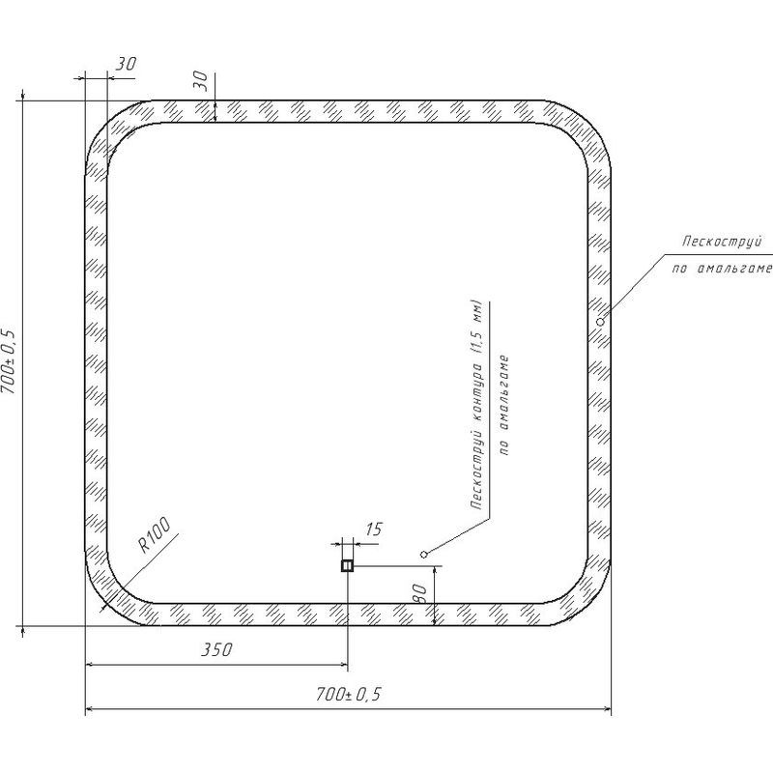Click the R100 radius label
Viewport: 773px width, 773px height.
coord(154,534)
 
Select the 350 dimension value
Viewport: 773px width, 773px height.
coord(216,649)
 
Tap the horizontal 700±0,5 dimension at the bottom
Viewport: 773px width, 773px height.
coord(349,694)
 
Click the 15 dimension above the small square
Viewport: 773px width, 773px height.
coord(374,530)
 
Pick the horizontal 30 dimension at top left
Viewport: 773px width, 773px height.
coord(127,64)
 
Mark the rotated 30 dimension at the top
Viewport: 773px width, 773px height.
coord(200,80)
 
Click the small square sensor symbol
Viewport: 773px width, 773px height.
coord(347,565)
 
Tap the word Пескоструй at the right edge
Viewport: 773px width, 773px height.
coord(722,242)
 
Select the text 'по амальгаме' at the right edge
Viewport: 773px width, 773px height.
coord(722,269)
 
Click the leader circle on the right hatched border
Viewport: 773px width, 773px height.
coord(600,322)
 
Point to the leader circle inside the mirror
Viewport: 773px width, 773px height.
coord(423,555)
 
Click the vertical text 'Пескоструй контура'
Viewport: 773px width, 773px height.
coord(477,435)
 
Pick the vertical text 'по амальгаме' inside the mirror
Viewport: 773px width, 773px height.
coord(504,406)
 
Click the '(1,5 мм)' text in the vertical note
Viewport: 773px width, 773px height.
coord(477,327)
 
